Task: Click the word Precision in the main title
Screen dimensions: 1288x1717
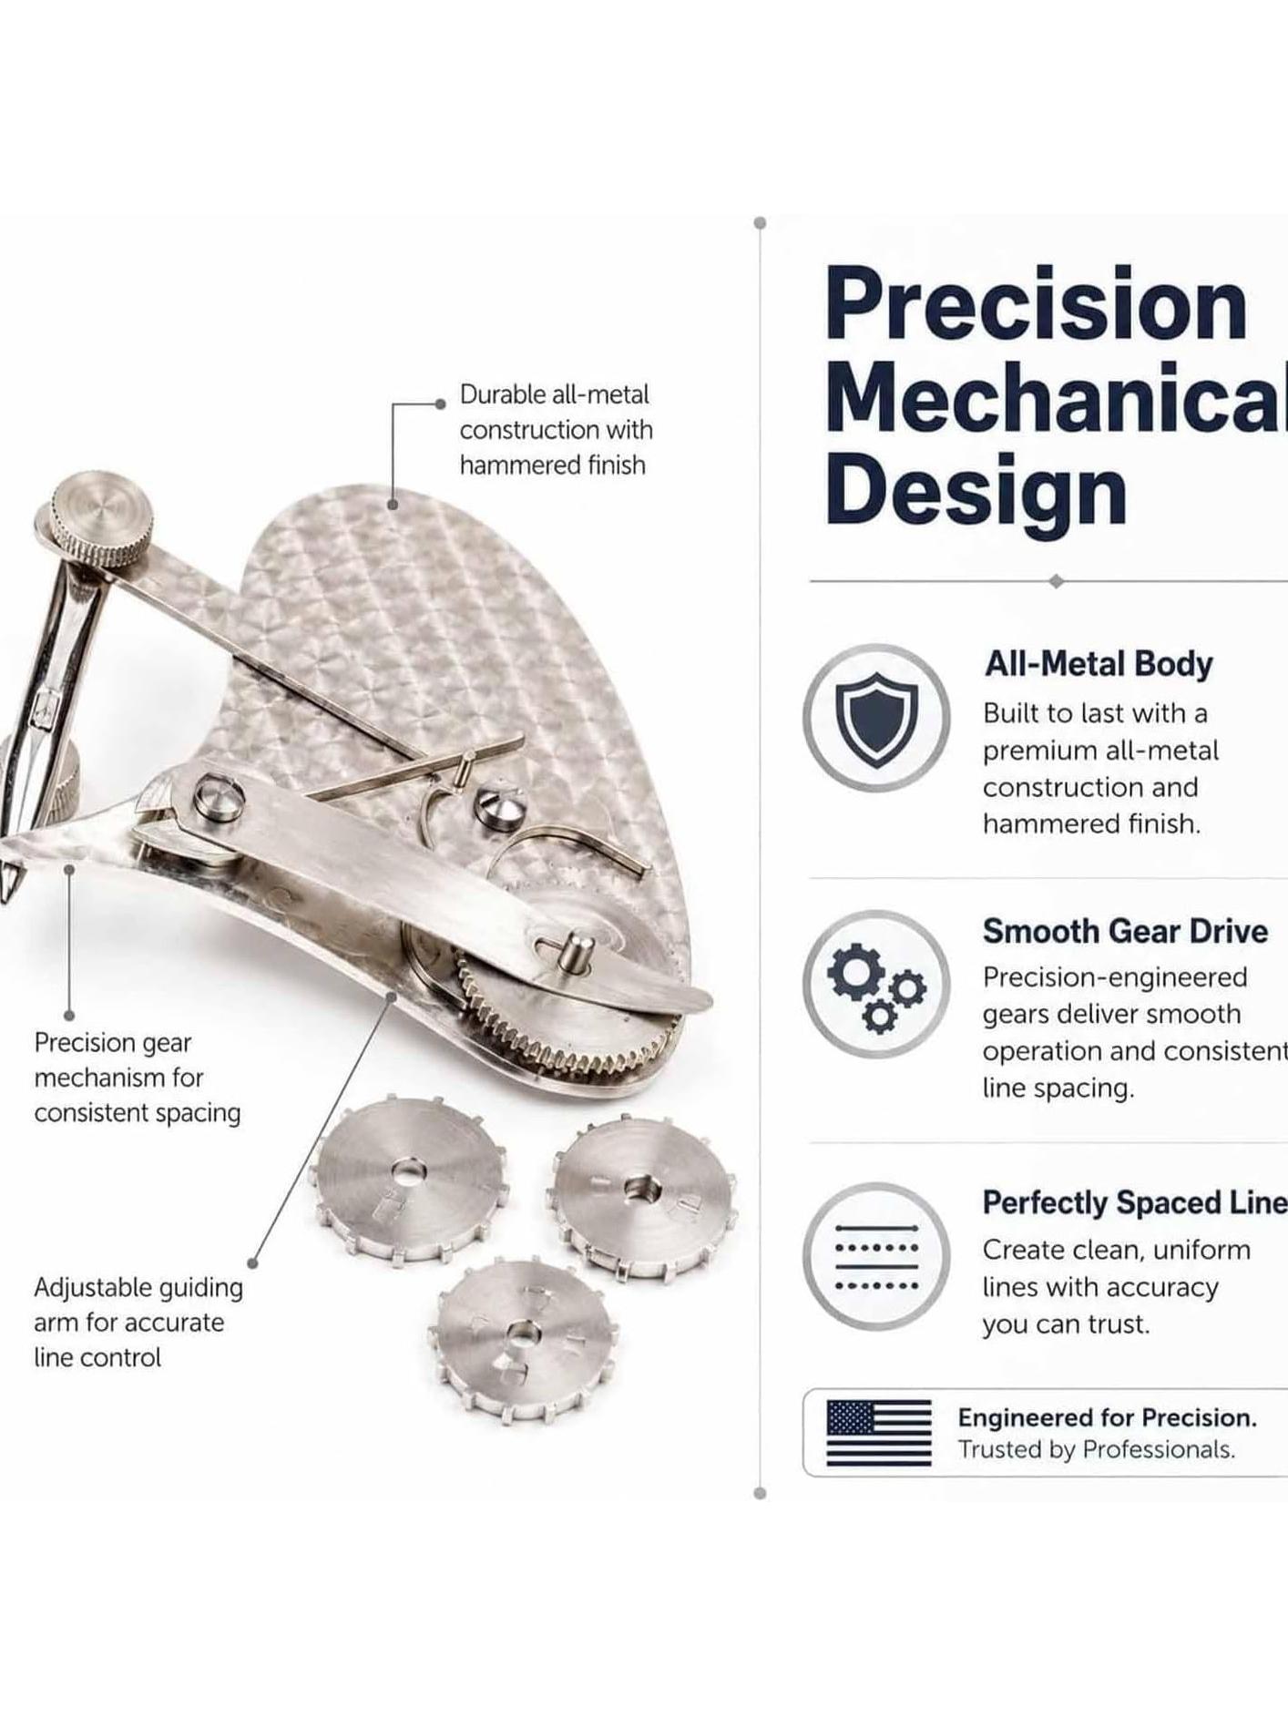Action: pos(1036,305)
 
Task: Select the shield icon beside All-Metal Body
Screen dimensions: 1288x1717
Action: pos(876,718)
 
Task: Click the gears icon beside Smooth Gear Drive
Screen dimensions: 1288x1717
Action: pos(876,985)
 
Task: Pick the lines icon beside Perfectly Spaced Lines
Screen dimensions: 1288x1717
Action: pos(876,1257)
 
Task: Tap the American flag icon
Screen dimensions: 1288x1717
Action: pos(879,1433)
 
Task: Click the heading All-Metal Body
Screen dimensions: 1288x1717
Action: pos(1099,664)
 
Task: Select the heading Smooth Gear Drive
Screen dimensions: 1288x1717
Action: pos(1125,931)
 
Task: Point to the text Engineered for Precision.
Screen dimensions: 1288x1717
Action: pos(1107,1417)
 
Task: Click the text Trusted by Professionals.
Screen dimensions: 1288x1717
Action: pos(1096,1449)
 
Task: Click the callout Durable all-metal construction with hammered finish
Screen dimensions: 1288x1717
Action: pos(556,430)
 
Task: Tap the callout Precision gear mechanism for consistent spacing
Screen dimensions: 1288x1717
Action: pos(138,1078)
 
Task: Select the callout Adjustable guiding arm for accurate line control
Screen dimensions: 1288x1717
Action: pos(138,1323)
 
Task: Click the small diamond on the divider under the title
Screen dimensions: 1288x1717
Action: pos(1056,581)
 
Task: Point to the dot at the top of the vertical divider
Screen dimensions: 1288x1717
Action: pos(760,223)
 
